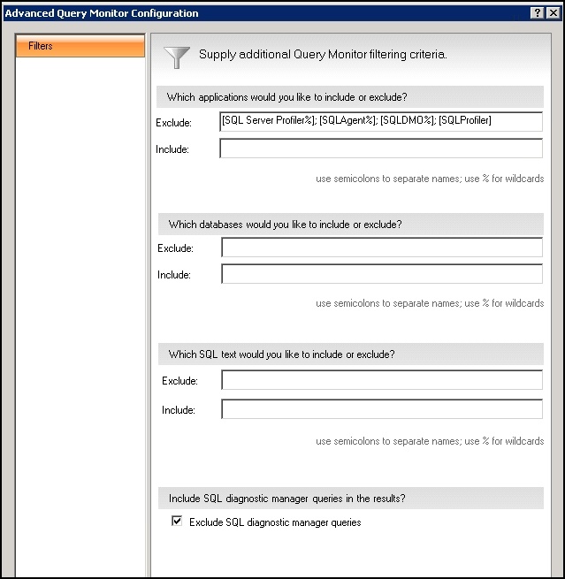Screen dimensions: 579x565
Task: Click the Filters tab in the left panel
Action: pos(80,46)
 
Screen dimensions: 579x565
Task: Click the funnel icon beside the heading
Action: pos(177,57)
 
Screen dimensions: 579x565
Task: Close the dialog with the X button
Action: pos(554,13)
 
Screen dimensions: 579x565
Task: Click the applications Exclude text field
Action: pos(381,121)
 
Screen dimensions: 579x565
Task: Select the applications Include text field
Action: pos(381,149)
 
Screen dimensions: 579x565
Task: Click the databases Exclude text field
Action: pos(381,248)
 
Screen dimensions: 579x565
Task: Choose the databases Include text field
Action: pos(381,275)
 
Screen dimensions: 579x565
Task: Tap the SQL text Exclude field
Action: pos(381,381)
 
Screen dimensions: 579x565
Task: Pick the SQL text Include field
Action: pos(381,409)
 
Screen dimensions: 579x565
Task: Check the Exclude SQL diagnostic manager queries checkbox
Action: pos(177,522)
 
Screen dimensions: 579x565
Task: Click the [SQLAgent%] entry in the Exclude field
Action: pos(347,121)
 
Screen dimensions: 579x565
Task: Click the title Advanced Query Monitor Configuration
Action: pos(102,13)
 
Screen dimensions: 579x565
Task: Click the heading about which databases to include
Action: pos(285,225)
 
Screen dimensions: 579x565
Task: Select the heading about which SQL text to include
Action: pos(281,354)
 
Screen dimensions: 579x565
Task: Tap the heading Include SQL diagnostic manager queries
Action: pos(286,499)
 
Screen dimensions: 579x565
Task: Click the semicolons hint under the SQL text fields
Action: pos(430,441)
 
